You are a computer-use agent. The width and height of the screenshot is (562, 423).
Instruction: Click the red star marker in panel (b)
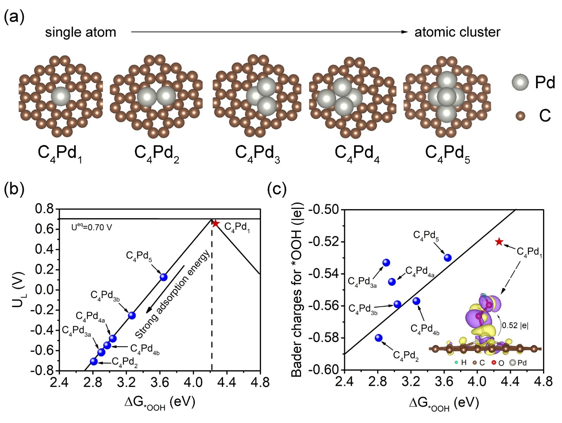click(x=216, y=224)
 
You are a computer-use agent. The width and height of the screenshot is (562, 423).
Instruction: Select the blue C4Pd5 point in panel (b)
click(x=163, y=277)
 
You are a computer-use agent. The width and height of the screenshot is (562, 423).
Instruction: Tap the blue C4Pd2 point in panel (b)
click(x=94, y=361)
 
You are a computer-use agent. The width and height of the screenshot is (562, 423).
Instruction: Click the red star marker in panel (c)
click(x=499, y=242)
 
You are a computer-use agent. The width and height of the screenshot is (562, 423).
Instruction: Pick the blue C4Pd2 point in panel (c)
click(x=379, y=338)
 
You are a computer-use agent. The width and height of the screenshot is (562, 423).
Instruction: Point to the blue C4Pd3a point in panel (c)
click(x=386, y=263)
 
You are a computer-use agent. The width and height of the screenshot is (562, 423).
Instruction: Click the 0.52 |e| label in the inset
click(x=515, y=325)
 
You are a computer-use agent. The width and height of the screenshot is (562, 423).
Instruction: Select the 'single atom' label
click(x=80, y=32)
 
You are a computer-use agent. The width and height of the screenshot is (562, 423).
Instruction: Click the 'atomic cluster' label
click(x=457, y=32)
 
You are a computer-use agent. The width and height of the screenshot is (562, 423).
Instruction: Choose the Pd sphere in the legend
click(x=520, y=82)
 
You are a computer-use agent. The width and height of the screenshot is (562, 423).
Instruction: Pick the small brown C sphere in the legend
click(x=520, y=115)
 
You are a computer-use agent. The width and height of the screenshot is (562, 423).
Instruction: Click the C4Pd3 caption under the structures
click(x=257, y=154)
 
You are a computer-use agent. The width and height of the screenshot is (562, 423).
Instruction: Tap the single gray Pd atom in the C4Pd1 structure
click(x=61, y=97)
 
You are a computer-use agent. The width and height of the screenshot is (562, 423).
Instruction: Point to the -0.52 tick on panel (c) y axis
click(x=324, y=242)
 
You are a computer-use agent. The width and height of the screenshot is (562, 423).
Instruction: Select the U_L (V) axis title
click(x=18, y=290)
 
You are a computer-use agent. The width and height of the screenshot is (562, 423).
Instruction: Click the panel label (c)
click(x=277, y=190)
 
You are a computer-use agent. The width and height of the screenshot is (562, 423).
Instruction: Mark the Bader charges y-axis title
click(x=297, y=290)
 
